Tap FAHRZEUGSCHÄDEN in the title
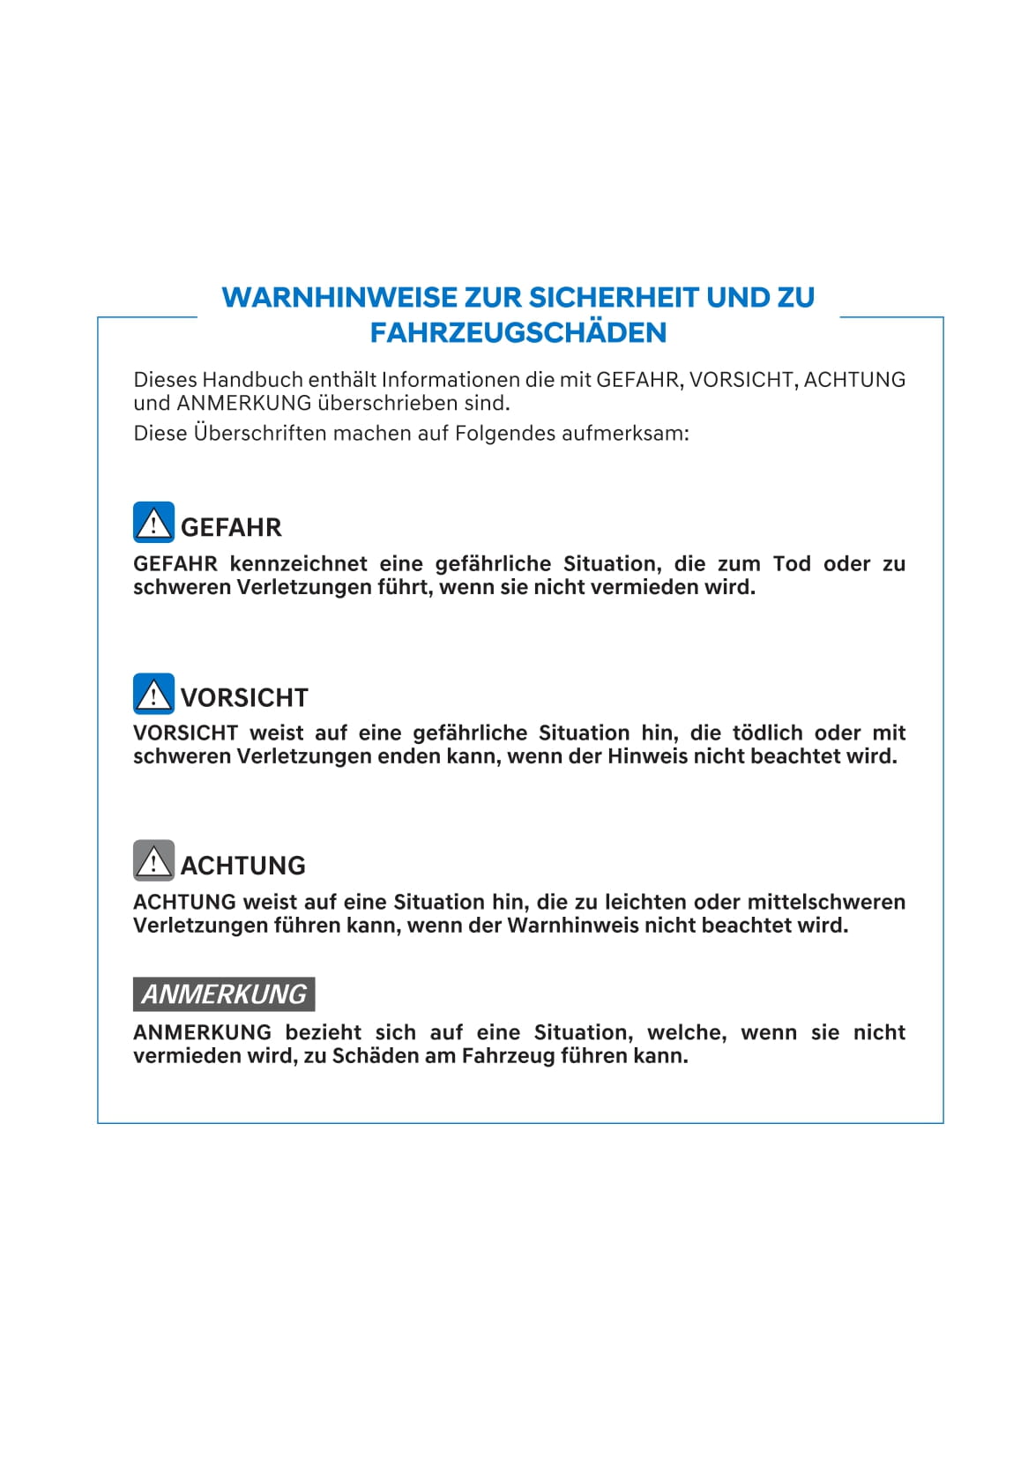tap(518, 332)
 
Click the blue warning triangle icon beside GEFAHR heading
tap(153, 523)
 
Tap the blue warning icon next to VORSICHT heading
tap(153, 694)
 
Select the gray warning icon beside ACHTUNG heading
tap(153, 860)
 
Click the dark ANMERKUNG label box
tap(224, 994)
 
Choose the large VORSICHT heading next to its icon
tap(244, 697)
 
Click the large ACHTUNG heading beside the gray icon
tap(242, 865)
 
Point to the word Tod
tap(792, 564)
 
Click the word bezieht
tap(323, 1032)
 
